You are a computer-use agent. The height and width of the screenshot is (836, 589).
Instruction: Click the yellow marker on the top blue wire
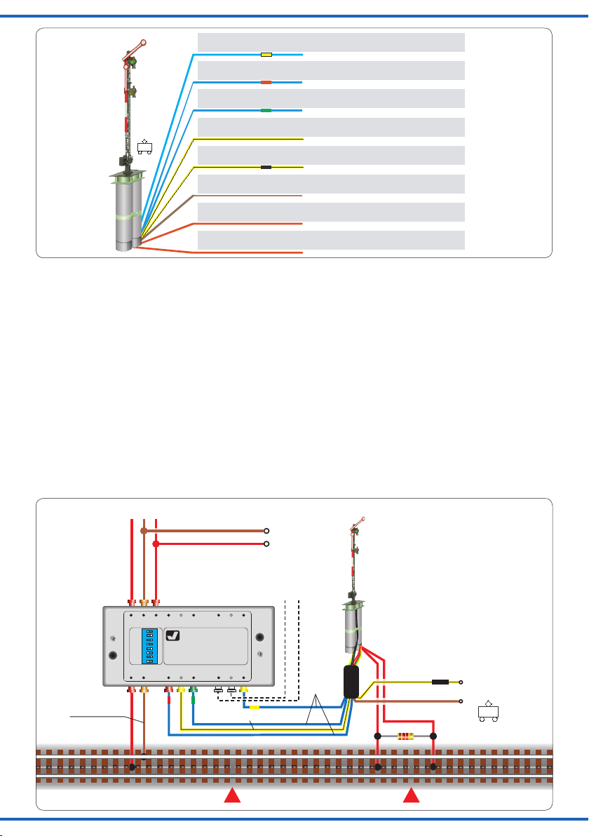(266, 54)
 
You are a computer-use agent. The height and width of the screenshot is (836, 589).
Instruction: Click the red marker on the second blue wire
(266, 83)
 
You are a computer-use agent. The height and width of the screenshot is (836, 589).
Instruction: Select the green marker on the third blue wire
(266, 111)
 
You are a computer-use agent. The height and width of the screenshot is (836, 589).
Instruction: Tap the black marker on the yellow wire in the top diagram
(266, 168)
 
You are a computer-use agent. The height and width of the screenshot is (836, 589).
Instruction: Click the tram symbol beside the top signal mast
(146, 148)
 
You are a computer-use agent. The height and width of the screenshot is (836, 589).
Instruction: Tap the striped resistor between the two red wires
(405, 736)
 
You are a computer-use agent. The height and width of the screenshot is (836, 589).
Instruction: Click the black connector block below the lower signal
(352, 681)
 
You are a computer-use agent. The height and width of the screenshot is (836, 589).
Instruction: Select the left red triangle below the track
(233, 796)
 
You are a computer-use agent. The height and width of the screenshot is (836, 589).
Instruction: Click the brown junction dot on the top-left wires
(144, 531)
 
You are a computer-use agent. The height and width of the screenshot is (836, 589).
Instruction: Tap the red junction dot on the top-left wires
(156, 544)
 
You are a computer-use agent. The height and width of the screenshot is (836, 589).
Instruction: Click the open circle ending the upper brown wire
(266, 531)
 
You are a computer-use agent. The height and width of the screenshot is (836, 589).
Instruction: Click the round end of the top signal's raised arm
(144, 41)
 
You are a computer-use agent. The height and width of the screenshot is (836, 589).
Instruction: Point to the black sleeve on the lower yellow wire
(440, 682)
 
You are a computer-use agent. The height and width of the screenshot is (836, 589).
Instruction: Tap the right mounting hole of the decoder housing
(260, 638)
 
